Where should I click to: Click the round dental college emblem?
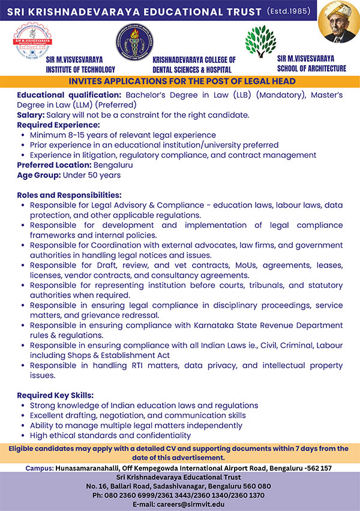coord(133,40)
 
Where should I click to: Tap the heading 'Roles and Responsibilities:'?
coord(69,196)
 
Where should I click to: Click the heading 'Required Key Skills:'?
coord(55,396)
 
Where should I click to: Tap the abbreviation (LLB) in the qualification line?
coord(223,95)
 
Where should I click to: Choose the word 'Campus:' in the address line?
coord(40,467)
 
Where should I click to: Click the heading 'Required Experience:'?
coord(58,125)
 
